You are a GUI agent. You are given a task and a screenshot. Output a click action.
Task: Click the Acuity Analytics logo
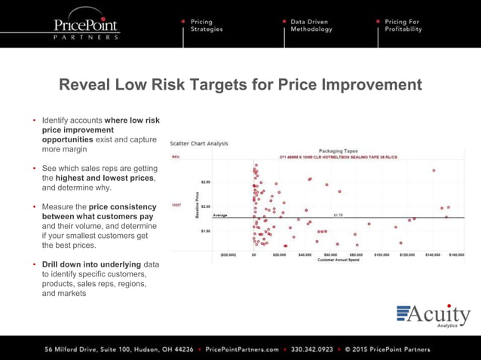[433, 316]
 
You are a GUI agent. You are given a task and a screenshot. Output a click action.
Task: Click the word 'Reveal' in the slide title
[86, 84]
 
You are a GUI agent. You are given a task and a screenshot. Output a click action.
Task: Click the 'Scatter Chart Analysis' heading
[199, 143]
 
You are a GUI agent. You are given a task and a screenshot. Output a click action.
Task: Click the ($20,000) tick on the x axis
[228, 255]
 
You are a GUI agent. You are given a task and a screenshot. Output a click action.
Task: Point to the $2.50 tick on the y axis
[205, 182]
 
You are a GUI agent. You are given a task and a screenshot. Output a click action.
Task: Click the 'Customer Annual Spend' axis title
[338, 260]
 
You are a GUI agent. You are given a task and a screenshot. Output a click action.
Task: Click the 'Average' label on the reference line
[220, 215]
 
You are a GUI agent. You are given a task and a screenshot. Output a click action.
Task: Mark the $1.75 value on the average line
[339, 215]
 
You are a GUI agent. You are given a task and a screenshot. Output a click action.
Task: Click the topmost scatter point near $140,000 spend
[434, 170]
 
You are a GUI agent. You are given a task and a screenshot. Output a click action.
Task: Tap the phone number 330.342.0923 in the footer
[311, 349]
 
